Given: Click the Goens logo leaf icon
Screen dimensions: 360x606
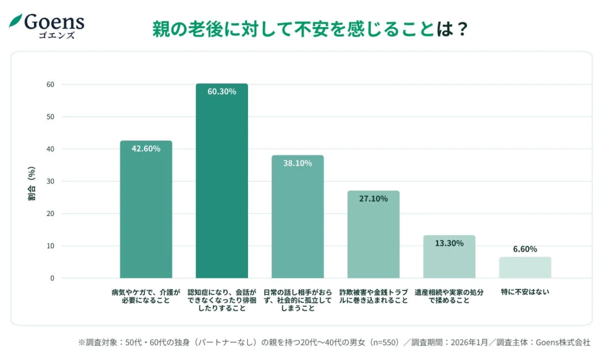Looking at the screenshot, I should (x=15, y=21).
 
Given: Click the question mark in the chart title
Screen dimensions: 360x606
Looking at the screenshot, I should (x=463, y=29).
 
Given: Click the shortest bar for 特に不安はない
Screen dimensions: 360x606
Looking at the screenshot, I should (x=525, y=268).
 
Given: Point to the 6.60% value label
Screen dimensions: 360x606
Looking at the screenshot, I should (x=525, y=249).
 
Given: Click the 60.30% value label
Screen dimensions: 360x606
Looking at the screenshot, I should (x=221, y=91).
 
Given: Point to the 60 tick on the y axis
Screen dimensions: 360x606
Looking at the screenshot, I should (x=50, y=84).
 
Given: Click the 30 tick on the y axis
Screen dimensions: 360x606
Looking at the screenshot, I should (x=50, y=181).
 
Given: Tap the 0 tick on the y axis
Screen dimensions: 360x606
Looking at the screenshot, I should (x=52, y=278).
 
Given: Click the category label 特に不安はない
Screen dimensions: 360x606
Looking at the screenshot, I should (x=525, y=292).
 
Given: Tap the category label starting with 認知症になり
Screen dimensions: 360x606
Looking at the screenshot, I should (x=221, y=300).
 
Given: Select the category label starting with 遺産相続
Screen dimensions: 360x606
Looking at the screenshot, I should (x=449, y=296).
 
